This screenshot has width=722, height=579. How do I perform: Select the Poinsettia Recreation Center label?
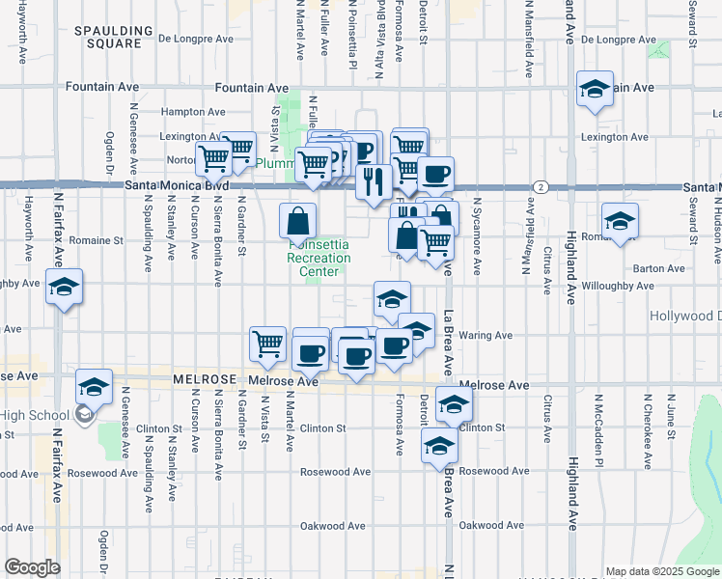coord(319,258)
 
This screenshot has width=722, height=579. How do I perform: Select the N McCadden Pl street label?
coord(598,425)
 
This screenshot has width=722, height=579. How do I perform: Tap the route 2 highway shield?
coord(542,185)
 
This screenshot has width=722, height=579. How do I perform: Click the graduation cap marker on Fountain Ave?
coord(595,90)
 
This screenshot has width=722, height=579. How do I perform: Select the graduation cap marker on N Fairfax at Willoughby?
coord(64,289)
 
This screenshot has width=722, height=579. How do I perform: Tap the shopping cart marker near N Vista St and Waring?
coord(267,345)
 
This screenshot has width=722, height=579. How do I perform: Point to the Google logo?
coord(32,567)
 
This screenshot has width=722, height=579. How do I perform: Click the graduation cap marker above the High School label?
coord(94,388)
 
